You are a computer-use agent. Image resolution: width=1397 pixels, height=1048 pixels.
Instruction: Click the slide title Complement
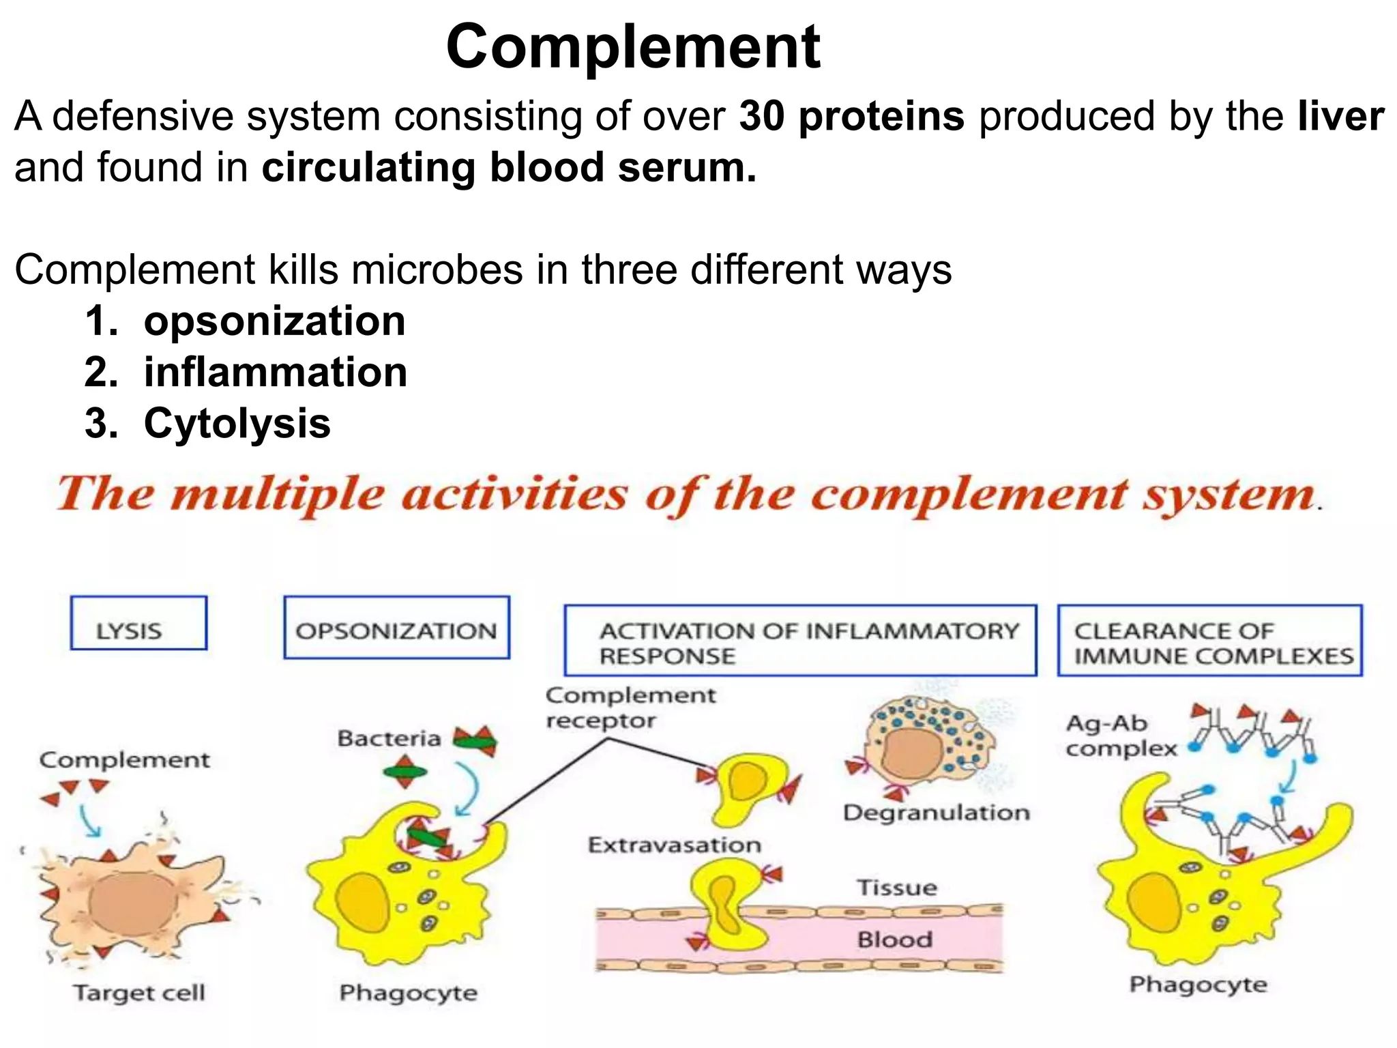(x=632, y=46)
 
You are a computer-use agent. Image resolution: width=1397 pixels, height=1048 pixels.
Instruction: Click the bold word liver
(x=1340, y=116)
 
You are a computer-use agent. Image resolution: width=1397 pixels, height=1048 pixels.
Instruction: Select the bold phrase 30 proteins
(x=851, y=116)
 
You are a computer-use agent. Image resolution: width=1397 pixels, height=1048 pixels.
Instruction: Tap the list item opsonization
(x=274, y=321)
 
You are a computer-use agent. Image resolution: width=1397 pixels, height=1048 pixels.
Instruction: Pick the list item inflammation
(x=276, y=373)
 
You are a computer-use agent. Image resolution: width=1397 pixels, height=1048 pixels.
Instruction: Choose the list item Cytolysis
(x=237, y=424)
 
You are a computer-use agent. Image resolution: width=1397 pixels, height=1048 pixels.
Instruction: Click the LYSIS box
(x=138, y=623)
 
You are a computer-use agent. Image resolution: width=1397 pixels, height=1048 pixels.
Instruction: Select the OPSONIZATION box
(x=396, y=628)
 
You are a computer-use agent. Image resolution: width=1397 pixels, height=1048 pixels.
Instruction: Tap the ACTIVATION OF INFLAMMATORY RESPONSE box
(x=800, y=641)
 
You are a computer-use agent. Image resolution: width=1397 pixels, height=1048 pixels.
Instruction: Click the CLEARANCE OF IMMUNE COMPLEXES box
(x=1209, y=641)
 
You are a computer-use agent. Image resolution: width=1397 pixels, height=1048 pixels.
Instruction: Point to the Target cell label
(x=139, y=993)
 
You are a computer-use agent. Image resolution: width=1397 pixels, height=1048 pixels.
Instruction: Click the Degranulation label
(x=936, y=813)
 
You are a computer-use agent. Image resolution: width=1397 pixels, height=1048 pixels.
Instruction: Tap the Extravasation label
(x=674, y=845)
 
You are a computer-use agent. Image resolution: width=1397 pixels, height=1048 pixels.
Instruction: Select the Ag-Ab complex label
(x=1120, y=736)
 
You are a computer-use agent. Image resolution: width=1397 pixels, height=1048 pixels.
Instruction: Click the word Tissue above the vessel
(x=897, y=888)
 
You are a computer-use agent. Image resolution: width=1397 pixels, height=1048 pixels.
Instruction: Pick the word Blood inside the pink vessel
(x=894, y=940)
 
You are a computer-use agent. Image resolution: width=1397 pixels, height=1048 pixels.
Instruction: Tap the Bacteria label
(x=388, y=739)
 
